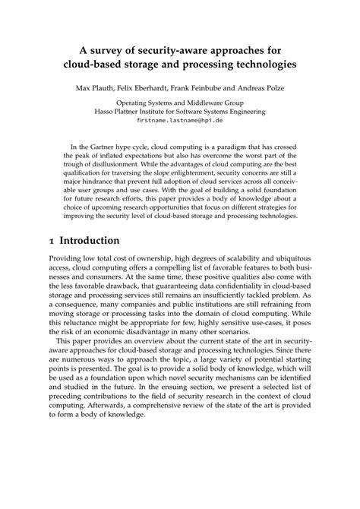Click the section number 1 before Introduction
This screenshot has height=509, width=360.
(x=49, y=242)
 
